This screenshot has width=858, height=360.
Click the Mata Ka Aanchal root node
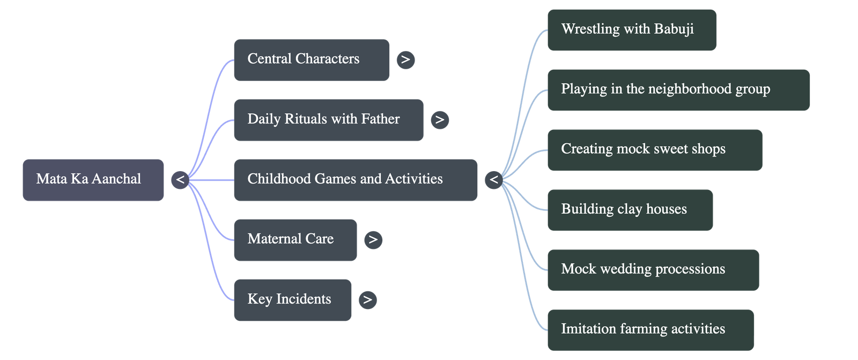[93, 180]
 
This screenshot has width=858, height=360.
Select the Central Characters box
[311, 60]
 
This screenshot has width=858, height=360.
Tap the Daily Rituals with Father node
[328, 120]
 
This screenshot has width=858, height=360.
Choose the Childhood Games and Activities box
[355, 180]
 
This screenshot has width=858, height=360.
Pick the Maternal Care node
[295, 240]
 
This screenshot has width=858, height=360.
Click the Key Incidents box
[292, 300]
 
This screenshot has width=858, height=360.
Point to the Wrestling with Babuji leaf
[631, 30]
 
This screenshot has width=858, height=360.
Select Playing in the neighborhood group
[678, 90]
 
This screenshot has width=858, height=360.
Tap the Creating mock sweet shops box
[654, 150]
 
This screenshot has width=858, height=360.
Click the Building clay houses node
[630, 210]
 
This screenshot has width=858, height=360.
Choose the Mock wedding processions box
[653, 270]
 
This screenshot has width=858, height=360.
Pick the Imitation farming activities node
[650, 329]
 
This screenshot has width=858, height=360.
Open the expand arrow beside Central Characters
[405, 60]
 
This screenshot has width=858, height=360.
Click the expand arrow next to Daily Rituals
[440, 120]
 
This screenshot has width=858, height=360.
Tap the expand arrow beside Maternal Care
[373, 240]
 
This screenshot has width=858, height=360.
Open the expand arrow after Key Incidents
[367, 300]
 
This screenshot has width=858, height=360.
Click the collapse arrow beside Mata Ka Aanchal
[180, 180]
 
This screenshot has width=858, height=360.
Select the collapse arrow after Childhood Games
[493, 180]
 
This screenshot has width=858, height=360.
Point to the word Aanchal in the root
[117, 179]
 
